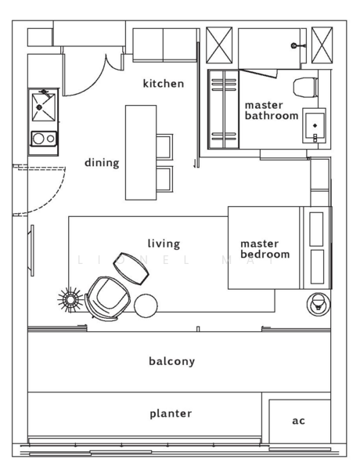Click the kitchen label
coord(164,83)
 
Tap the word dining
coord(102,162)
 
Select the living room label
coord(164,244)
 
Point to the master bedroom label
coord(265,249)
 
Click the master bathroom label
coord(272,110)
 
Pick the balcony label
coord(172,361)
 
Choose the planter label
coord(171,414)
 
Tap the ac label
coord(299,421)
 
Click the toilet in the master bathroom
coord(305,87)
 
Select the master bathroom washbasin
coord(314,125)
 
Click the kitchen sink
coord(44,107)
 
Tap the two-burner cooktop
coord(44,139)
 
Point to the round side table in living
coord(146,305)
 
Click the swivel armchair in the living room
coord(108,298)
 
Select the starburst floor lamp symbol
coord(70,300)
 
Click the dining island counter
coord(141,153)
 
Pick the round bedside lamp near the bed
coord(319,304)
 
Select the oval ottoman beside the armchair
coord(131,269)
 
